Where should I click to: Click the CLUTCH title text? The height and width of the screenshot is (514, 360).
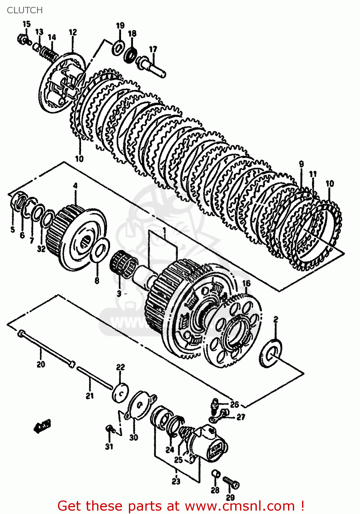(25, 10)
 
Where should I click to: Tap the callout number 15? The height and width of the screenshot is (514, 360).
(26, 24)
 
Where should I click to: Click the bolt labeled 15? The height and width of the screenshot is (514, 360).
(23, 39)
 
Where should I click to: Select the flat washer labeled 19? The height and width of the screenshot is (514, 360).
(118, 47)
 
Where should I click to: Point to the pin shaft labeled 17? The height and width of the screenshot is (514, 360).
(153, 67)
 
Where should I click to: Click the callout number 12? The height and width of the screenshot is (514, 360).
(73, 32)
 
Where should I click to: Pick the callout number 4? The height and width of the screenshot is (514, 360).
(75, 186)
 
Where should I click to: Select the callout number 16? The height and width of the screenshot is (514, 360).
(246, 283)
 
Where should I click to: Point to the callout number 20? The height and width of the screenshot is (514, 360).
(41, 364)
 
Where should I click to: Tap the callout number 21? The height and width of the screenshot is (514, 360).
(89, 396)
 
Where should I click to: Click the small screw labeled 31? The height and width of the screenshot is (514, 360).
(109, 428)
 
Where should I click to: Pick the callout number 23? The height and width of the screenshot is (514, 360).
(176, 481)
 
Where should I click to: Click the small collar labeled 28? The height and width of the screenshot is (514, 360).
(215, 474)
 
